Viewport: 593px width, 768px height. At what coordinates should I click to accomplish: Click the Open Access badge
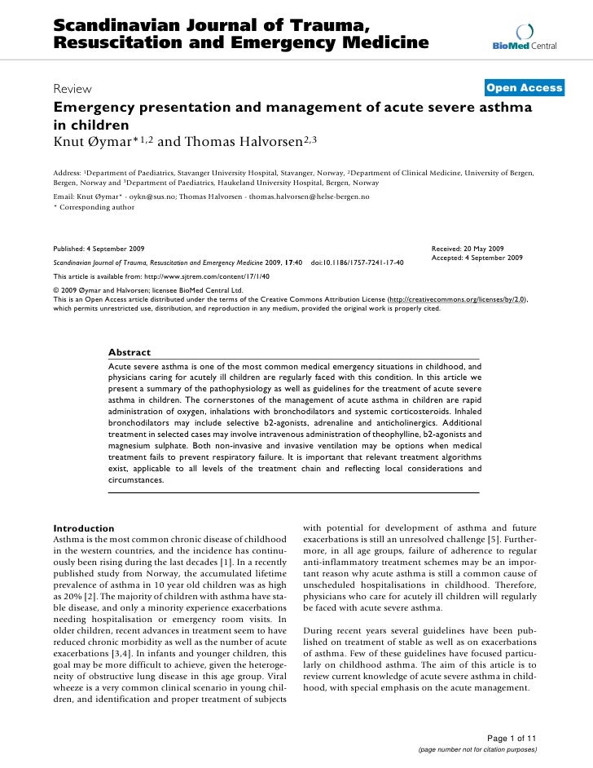[x=524, y=88]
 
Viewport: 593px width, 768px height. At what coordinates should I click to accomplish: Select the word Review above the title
[x=72, y=89]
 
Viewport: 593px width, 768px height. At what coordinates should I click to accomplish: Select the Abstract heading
[x=130, y=352]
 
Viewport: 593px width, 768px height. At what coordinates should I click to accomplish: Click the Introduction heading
[x=83, y=528]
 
